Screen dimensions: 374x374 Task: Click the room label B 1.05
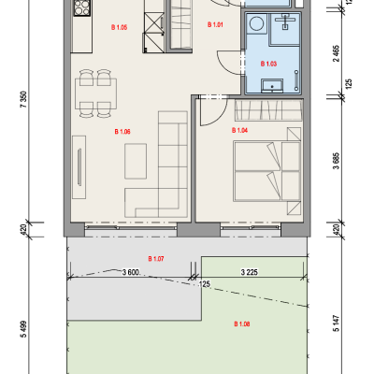click(119, 27)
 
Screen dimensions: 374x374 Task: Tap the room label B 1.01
click(215, 24)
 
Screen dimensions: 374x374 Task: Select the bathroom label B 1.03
click(268, 64)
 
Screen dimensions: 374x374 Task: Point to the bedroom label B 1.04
click(239, 130)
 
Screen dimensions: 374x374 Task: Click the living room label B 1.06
click(122, 132)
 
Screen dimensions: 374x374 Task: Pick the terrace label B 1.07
click(156, 259)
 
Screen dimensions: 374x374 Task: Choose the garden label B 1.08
click(242, 324)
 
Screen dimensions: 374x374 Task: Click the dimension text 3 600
click(131, 273)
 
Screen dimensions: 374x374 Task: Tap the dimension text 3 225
click(250, 272)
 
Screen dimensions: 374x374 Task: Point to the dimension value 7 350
click(23, 99)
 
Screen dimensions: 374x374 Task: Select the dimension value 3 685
click(337, 161)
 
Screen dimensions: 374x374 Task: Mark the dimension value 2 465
click(337, 53)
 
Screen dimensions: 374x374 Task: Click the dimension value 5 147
click(337, 324)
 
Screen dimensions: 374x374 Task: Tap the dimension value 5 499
click(23, 329)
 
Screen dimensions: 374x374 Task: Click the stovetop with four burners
click(82, 7)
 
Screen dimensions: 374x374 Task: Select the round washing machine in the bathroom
click(256, 23)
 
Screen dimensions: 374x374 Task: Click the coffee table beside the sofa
click(136, 161)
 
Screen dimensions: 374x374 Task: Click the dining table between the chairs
click(96, 93)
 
